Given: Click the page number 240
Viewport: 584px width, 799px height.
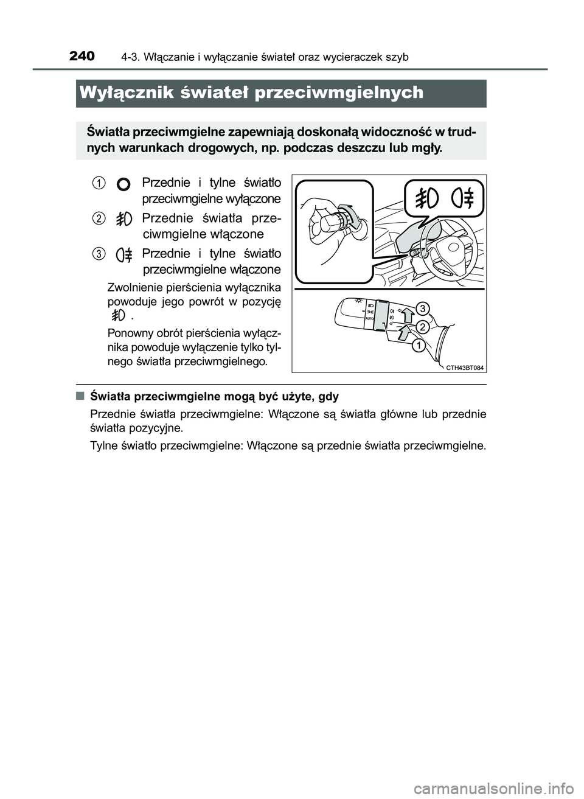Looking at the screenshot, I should pos(82,57).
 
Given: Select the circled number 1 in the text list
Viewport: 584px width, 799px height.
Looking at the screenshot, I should pos(98,182).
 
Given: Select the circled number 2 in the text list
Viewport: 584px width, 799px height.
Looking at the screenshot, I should pos(98,218).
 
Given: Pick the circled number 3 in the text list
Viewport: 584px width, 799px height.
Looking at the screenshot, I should pos(98,253).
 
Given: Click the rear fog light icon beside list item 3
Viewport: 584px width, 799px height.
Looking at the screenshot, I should pos(124,254).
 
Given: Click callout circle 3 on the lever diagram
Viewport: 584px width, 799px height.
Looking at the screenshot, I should pos(424,308).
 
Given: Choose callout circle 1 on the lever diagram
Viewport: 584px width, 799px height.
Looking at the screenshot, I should pos(418,346).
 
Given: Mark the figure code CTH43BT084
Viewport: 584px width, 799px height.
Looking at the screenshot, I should pos(460,367).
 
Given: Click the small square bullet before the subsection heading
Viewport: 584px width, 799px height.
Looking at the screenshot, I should pos(80,396).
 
